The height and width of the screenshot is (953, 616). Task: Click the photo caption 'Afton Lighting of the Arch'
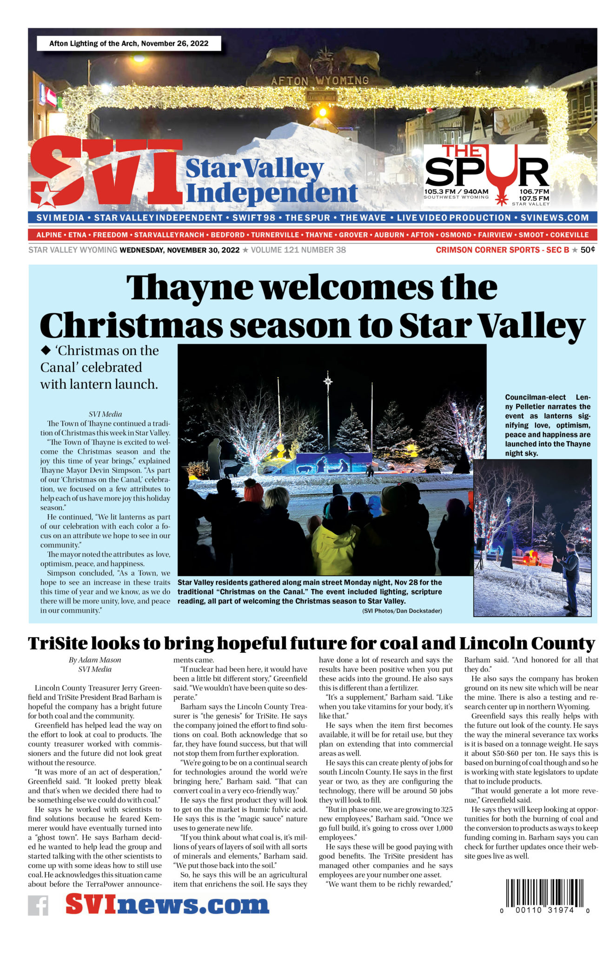point(129,44)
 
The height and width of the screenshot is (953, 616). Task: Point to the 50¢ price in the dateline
point(588,250)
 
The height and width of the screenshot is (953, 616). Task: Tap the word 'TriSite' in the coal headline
point(57,644)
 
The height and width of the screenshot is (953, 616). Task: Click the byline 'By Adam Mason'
point(95,660)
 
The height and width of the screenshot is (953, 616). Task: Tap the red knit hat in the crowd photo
point(253,492)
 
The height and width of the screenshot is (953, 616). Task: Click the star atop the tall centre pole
point(328,381)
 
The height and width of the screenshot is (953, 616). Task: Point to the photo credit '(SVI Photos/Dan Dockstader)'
point(402,611)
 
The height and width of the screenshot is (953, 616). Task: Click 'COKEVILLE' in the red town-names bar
point(570,235)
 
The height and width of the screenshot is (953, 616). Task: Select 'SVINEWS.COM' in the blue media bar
point(555,218)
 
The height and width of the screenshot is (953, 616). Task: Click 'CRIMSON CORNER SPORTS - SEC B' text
point(502,250)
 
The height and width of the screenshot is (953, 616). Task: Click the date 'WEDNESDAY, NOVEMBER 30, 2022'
point(179,250)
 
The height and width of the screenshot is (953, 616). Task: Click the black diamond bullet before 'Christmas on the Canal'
point(46,350)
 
